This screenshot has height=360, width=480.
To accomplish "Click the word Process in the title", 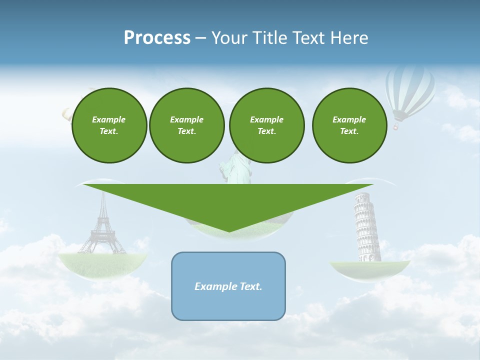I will coord(157,38).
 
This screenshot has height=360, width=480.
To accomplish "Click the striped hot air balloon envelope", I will coord(409,90).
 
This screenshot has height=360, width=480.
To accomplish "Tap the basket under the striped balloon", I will coord(396,127).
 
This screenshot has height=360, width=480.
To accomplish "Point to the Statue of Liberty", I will coord(235,170).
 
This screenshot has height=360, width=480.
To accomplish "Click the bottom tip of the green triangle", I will coord(229,230).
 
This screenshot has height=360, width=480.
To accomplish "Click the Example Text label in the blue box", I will coord(228,286).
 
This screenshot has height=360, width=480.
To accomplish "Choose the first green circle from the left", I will coord(109,125).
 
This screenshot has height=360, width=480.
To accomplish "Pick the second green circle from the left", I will coord(187,125).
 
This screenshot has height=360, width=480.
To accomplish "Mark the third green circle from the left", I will coord(266,125).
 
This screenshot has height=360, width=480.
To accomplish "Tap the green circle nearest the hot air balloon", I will coord(349,125).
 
